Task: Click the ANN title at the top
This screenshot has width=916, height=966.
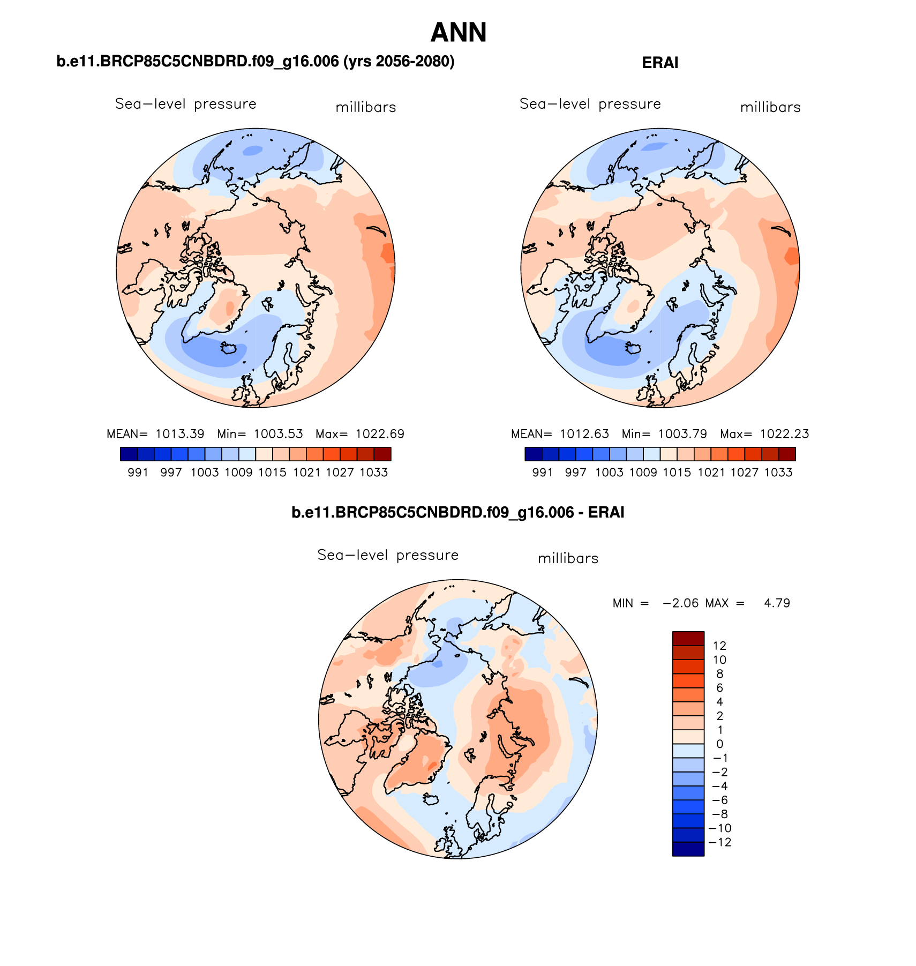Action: (459, 33)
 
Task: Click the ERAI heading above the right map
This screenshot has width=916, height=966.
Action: (660, 63)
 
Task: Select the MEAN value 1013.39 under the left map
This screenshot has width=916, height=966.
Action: (179, 434)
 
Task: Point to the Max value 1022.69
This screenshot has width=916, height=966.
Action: (380, 434)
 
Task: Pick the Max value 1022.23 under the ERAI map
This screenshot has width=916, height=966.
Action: (784, 434)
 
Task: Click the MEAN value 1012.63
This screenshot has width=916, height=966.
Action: (584, 434)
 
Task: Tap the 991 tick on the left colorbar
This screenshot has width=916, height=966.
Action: (138, 473)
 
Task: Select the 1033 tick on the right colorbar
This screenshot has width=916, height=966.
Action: (778, 473)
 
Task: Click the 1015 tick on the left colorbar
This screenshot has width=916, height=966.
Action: (272, 473)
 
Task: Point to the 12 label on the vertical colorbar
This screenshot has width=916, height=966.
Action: (719, 646)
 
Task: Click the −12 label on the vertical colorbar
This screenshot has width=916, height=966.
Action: (719, 842)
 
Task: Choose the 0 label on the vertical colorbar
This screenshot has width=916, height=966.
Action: (719, 744)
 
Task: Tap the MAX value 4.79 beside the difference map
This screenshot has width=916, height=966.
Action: (777, 603)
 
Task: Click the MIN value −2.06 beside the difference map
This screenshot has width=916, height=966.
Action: (680, 603)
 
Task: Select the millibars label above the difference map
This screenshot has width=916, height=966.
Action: (568, 559)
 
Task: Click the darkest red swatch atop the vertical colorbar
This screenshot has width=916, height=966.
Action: (688, 638)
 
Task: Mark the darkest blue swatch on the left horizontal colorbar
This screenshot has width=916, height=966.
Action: (129, 454)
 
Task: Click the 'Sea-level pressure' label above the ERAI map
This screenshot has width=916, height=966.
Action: (590, 104)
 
